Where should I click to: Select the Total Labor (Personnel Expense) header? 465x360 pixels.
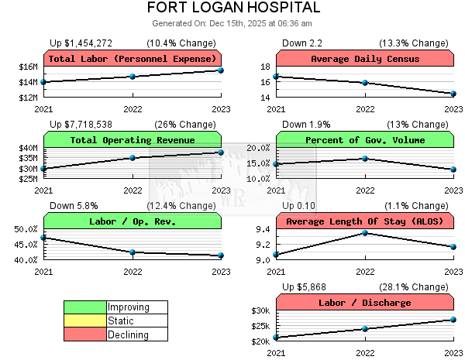(133, 59)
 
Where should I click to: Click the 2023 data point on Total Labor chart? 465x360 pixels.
(221, 70)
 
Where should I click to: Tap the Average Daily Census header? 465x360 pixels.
(365, 59)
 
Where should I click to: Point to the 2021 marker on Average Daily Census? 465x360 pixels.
(277, 77)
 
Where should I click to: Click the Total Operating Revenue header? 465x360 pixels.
(133, 140)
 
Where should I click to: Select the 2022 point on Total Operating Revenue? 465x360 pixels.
(133, 158)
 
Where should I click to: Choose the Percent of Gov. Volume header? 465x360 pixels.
(365, 140)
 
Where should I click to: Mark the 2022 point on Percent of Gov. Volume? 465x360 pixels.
(365, 159)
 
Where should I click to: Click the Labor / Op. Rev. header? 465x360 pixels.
(133, 221)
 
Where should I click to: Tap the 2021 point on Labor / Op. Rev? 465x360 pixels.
(44, 238)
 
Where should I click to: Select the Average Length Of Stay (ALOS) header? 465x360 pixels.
(365, 221)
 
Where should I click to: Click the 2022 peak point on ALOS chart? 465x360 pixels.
(365, 233)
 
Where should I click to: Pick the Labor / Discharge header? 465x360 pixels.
(365, 303)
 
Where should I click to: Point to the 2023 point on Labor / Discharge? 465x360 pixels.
(453, 320)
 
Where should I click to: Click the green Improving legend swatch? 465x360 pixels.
(85, 307)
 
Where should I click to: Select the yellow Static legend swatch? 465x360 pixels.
(85, 321)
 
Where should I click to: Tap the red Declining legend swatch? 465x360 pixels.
(85, 334)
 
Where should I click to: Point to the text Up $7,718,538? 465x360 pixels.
(81, 125)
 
